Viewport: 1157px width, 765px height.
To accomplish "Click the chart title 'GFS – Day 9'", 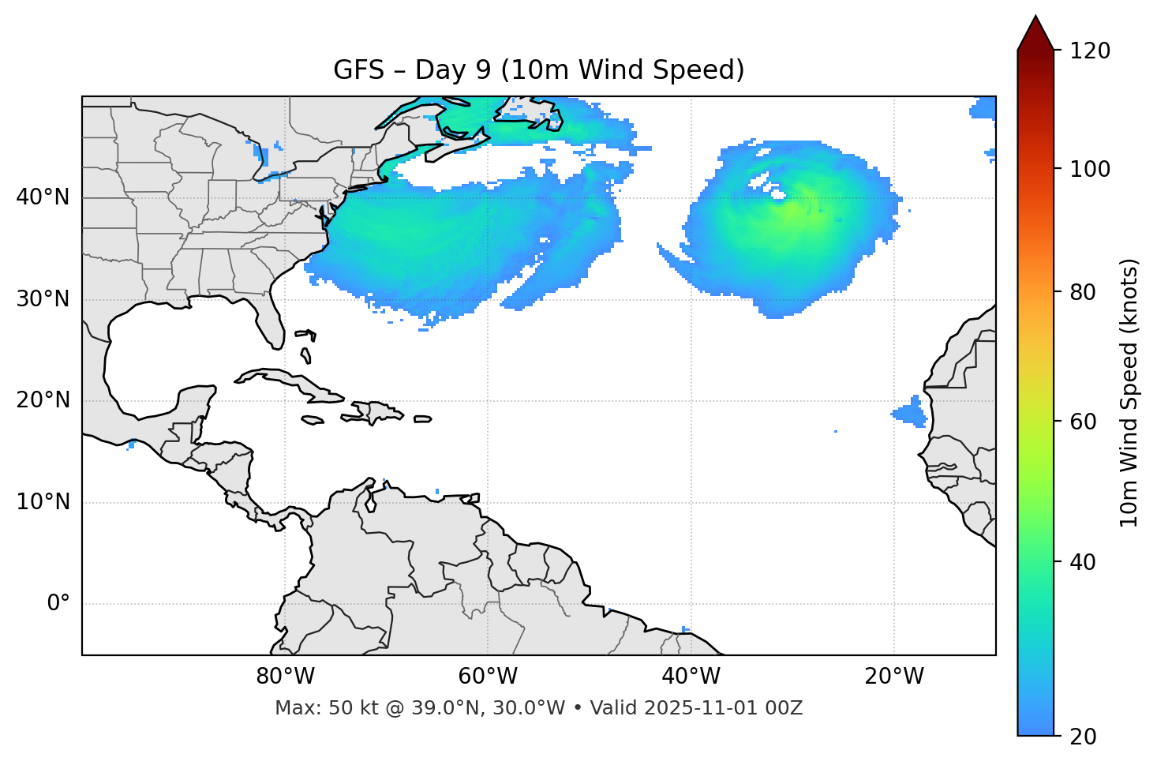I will [538, 70].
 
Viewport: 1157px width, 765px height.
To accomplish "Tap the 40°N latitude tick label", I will [43, 197].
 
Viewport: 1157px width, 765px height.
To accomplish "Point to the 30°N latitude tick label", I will [43, 299].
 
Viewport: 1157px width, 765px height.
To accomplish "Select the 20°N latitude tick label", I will [43, 400].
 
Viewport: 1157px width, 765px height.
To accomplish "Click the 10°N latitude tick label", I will [43, 502].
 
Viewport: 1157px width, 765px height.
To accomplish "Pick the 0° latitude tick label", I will [58, 604].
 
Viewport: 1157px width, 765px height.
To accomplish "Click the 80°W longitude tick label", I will [285, 677].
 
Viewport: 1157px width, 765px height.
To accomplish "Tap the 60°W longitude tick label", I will [488, 677].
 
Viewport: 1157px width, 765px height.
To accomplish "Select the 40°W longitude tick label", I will [691, 677].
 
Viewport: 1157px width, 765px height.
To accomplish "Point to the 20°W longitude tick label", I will [893, 677].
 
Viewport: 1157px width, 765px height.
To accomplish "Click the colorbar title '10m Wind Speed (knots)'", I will [1129, 392].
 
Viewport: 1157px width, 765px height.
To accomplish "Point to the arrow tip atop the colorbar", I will [1035, 17].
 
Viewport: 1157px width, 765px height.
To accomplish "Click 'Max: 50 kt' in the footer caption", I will [311, 708].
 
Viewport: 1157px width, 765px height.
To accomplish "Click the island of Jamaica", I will [313, 420].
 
